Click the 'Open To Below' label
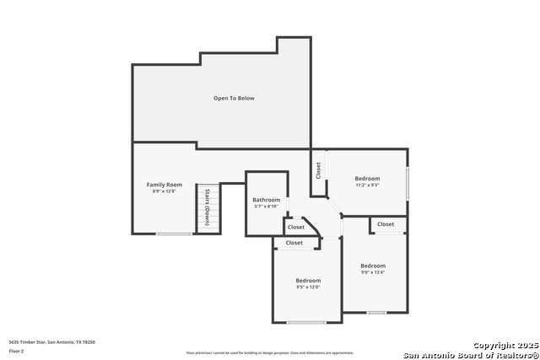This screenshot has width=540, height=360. click(234, 99)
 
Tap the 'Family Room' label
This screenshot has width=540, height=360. click(164, 185)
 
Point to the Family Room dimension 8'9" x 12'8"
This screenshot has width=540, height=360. click(164, 192)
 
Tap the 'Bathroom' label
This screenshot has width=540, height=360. click(266, 200)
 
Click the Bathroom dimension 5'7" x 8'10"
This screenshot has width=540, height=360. click(266, 207)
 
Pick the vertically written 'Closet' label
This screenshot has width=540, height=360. click(318, 170)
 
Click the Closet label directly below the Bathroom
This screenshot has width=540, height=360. click(295, 227)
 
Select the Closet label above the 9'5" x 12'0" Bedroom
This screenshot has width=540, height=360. click(294, 243)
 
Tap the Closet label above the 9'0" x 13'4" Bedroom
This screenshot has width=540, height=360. click(386, 224)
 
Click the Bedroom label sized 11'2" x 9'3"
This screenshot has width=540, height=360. click(367, 179)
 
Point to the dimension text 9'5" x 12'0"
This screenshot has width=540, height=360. click(308, 287)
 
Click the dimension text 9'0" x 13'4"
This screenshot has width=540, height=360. click(373, 272)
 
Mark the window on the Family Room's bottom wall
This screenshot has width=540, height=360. click(173, 234)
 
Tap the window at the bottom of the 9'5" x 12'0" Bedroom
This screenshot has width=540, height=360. click(305, 322)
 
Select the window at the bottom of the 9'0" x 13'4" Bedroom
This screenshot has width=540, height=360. click(376, 312)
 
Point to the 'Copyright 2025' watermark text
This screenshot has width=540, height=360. click(504, 345)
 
